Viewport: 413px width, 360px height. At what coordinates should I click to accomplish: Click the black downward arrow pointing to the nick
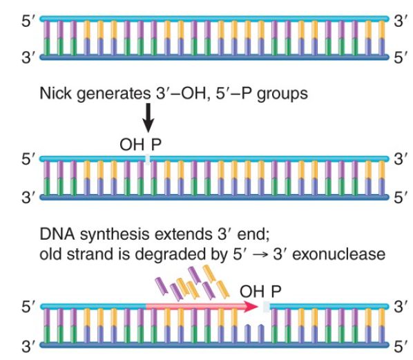[148, 117]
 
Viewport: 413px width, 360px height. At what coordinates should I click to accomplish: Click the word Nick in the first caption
[55, 93]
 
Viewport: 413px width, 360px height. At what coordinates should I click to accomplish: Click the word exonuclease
[339, 254]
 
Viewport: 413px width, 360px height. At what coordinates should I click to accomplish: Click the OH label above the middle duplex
[132, 144]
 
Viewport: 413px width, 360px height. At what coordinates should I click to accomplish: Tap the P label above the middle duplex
[156, 144]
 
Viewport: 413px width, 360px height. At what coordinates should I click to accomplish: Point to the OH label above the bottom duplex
[252, 292]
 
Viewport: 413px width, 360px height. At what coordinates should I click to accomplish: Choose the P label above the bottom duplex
[276, 292]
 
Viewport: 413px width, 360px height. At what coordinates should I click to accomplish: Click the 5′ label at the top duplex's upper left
[28, 21]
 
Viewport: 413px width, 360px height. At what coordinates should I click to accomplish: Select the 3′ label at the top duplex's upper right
[400, 21]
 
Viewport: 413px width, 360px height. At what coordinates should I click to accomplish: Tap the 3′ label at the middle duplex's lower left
[28, 197]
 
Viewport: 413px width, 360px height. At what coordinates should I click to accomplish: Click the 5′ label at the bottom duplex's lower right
[400, 347]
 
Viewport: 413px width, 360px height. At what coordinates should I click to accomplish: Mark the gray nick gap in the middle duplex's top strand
[148, 159]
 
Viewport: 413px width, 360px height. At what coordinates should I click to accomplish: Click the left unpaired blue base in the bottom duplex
[247, 334]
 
